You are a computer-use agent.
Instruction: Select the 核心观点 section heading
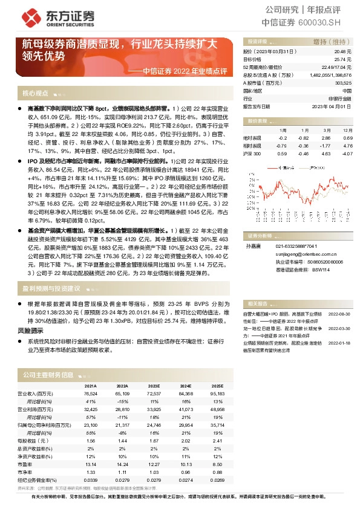[x=35, y=94]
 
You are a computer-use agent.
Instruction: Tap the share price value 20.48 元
[x=343, y=53]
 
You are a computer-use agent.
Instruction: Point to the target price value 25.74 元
[x=343, y=60]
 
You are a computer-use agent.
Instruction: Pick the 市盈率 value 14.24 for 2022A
[x=122, y=463]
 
